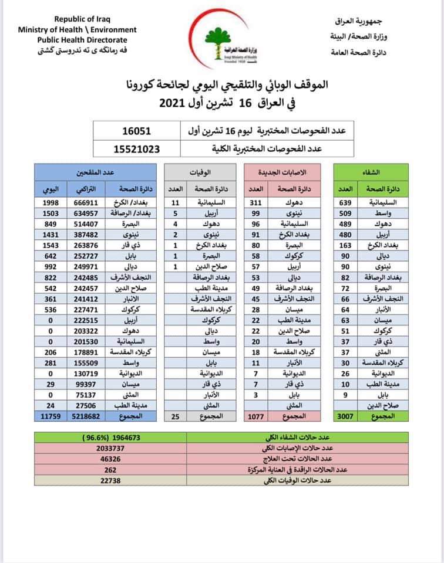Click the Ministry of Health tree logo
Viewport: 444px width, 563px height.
tap(221, 38)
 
